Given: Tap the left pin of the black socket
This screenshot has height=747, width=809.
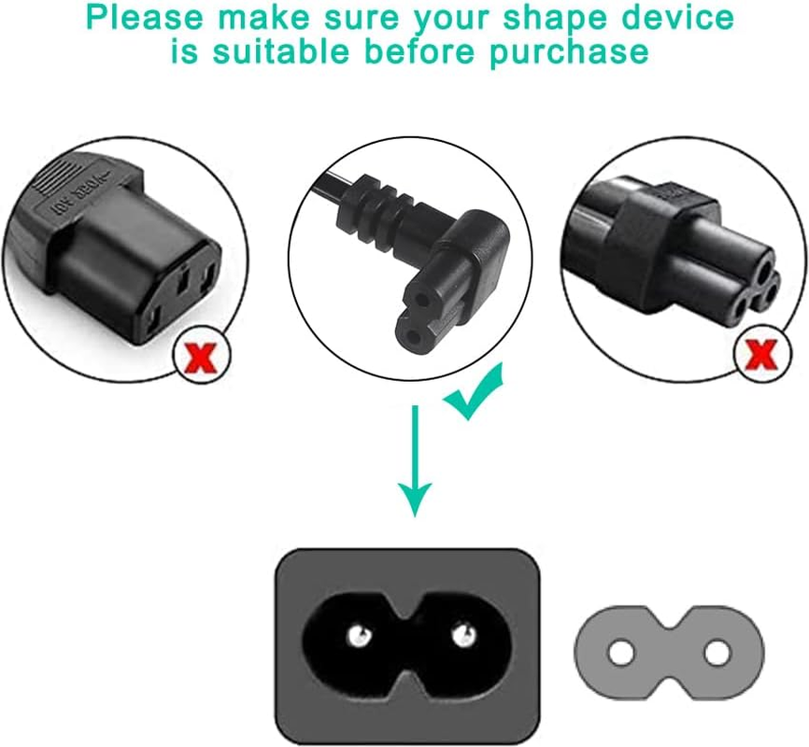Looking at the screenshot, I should pos(355,636).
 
